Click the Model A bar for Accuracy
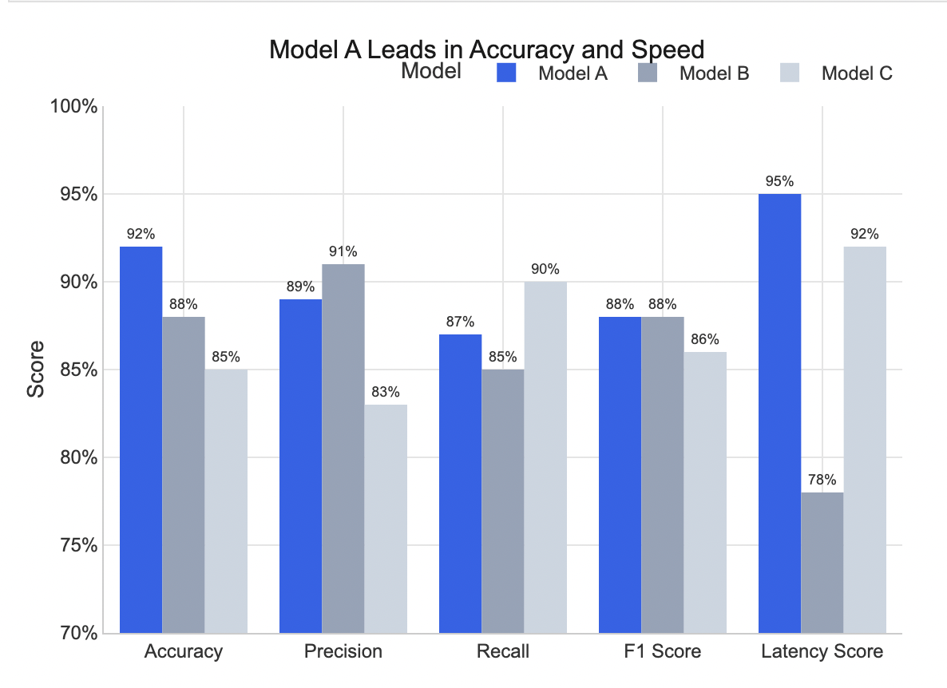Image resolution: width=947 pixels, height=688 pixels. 141,440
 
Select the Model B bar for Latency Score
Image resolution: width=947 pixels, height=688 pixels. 822,563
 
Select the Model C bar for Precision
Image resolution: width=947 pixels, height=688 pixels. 386,519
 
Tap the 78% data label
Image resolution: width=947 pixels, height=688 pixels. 822,480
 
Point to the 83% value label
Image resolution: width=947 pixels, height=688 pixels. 386,392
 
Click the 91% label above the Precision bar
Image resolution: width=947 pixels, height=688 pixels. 343,251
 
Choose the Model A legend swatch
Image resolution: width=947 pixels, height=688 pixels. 507,73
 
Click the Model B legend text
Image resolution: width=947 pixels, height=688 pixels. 714,74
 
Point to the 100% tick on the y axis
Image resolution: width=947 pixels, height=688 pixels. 74,107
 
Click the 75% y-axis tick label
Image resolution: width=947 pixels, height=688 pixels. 77,546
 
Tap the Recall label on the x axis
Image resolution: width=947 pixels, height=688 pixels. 502,651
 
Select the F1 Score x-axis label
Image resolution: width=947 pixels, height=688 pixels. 662,651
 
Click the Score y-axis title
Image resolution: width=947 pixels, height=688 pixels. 36,370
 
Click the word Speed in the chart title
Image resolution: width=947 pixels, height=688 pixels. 668,49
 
